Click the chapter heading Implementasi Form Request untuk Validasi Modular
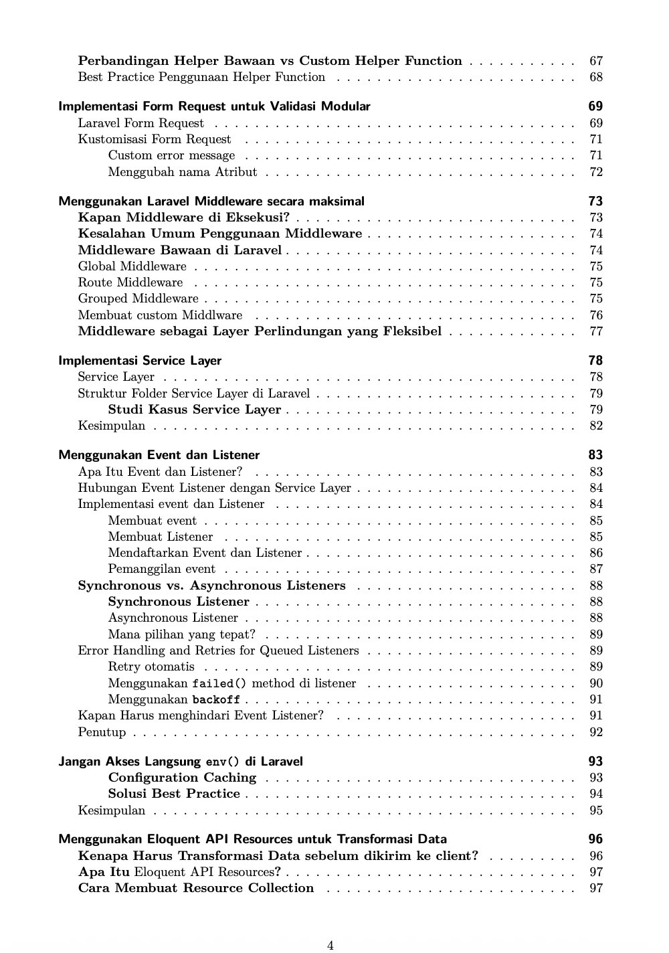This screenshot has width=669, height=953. point(214,106)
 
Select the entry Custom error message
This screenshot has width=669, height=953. point(171,155)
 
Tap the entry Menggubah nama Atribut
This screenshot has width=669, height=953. point(182,172)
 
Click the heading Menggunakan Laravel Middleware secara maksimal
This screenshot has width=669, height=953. point(211,201)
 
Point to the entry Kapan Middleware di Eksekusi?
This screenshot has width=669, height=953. point(184,218)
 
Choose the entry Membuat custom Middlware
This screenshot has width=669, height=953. point(160,315)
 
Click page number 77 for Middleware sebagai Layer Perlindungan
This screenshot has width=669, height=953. point(596,331)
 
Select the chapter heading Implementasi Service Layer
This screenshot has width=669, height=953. point(140,361)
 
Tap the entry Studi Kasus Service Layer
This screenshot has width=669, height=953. point(195,410)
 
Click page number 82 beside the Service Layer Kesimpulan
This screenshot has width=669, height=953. point(596,426)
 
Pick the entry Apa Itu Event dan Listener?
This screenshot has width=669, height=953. point(160,472)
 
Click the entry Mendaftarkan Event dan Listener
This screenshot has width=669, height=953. point(205,553)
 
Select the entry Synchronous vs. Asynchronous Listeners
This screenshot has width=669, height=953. point(211,586)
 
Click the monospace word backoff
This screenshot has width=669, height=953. point(216,700)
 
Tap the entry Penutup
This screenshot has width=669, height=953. point(102,732)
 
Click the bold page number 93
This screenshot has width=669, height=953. point(595,762)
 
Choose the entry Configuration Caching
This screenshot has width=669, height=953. point(182,778)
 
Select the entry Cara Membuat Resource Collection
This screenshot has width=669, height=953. point(195,888)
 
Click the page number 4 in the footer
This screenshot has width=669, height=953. point(330,945)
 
